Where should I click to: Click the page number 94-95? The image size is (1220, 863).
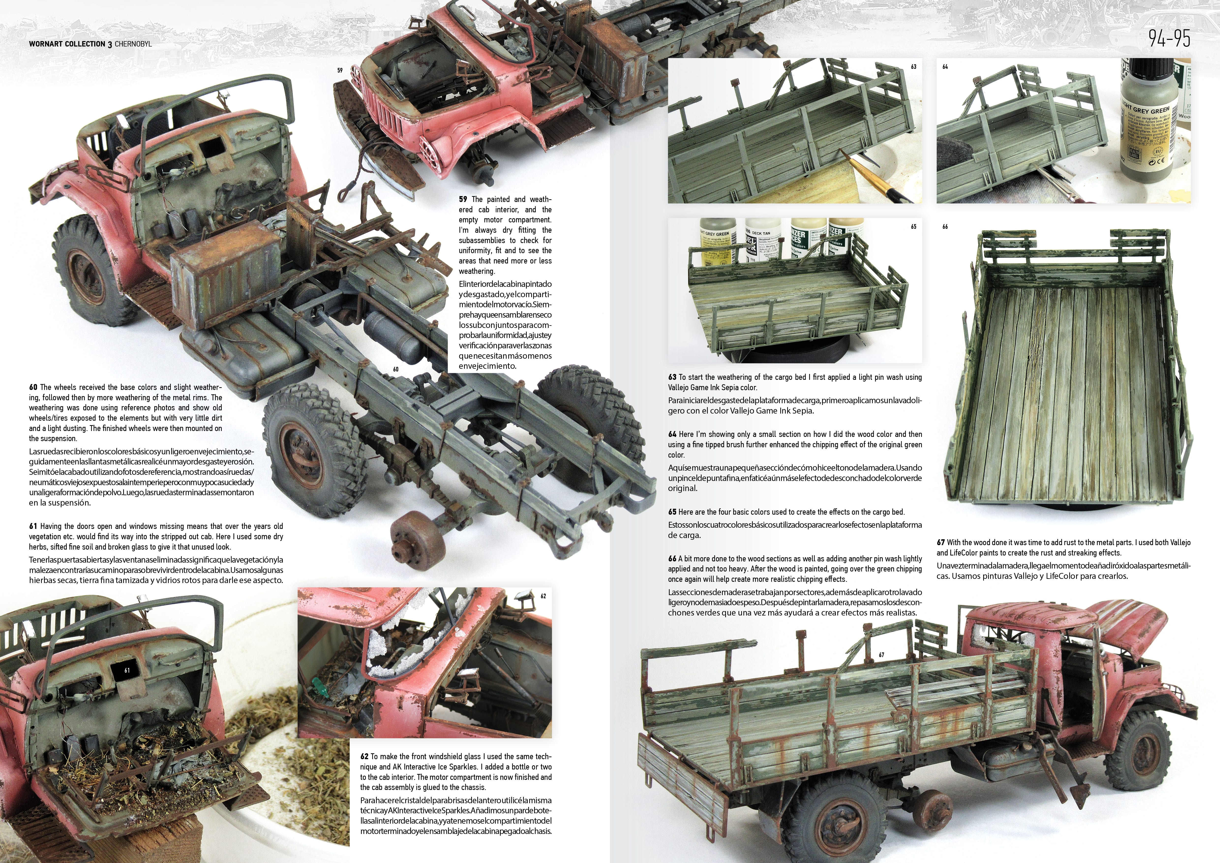pyautogui.click(x=1169, y=38)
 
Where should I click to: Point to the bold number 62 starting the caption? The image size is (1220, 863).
pyautogui.click(x=364, y=756)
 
